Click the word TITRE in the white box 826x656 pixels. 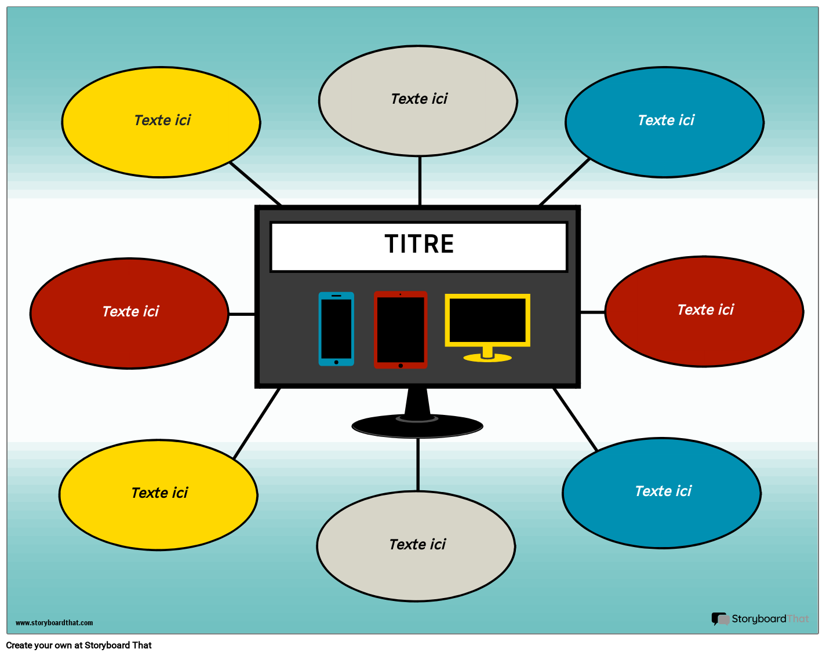coord(419,244)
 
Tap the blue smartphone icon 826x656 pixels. coord(336,329)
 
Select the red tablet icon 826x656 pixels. coord(401,329)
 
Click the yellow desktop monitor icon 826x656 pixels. coord(487,320)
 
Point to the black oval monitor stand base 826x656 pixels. coord(417,427)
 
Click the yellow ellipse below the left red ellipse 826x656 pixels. coord(158,513)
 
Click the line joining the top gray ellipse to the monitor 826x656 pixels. coord(420,180)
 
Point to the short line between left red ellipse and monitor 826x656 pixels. coord(242,314)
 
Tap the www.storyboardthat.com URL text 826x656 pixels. coord(54,623)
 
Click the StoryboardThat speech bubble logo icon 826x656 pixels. coord(720,619)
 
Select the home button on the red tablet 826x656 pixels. coord(401,366)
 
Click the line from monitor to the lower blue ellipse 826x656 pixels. coord(575,419)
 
